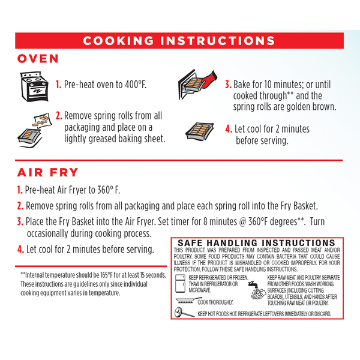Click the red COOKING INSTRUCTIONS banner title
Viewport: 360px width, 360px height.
tap(179, 41)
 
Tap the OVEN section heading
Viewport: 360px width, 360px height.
tap(38, 59)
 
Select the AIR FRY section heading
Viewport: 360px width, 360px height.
tap(48, 172)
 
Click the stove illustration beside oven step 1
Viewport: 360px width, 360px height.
tap(34, 86)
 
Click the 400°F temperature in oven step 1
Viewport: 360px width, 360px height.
tap(136, 85)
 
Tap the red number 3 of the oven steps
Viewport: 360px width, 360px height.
tap(228, 85)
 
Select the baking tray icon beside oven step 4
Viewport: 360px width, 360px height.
tap(200, 131)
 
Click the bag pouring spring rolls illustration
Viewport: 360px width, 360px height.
tap(34, 130)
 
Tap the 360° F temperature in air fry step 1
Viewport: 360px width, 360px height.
tap(109, 190)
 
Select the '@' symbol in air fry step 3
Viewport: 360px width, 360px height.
tap(242, 222)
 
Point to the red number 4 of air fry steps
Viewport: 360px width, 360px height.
tap(20, 250)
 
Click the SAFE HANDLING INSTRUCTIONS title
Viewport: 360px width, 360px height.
tap(256, 243)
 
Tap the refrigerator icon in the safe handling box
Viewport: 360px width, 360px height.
tap(180, 284)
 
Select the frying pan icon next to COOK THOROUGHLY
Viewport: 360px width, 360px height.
tap(185, 301)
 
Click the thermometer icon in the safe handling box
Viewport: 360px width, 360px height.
tap(184, 313)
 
